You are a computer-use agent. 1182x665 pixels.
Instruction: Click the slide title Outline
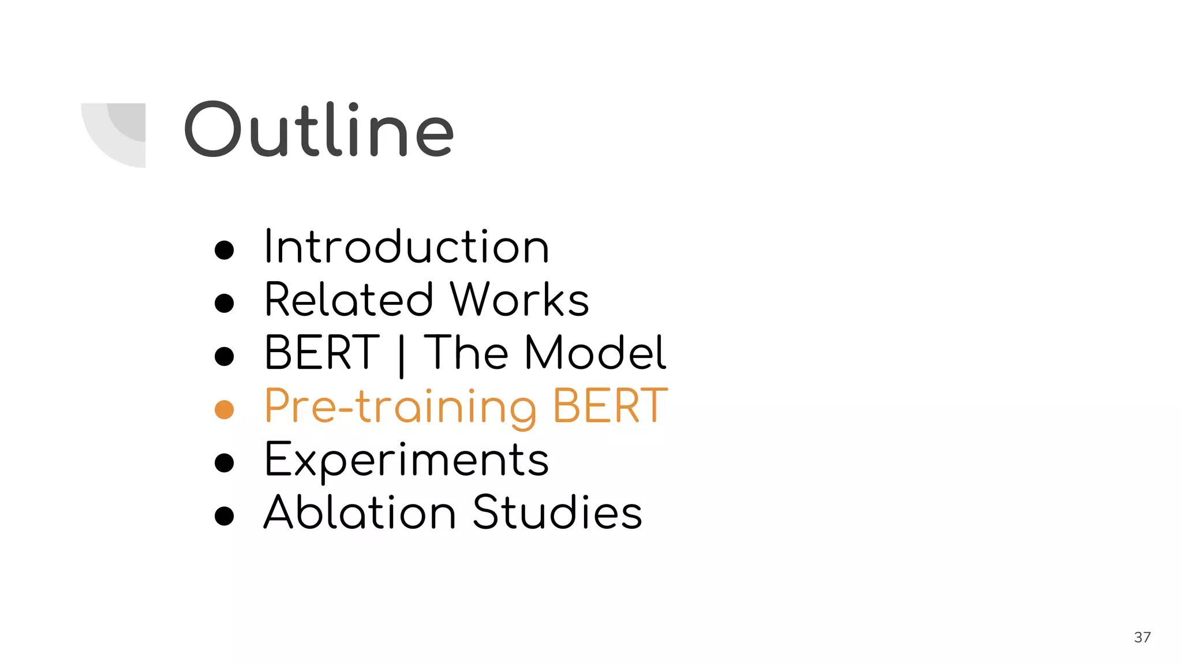click(319, 130)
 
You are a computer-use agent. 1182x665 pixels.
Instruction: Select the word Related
click(349, 300)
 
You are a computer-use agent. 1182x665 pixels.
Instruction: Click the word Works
click(519, 300)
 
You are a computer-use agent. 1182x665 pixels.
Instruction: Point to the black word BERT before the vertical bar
click(321, 353)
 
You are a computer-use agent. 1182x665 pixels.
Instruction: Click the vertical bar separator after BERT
click(401, 355)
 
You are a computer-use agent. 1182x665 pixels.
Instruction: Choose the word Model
click(595, 353)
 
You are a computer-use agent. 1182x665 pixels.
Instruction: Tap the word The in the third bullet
click(466, 353)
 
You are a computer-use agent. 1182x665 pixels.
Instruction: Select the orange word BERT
click(609, 406)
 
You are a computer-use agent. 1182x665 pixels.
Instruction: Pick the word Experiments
click(406, 461)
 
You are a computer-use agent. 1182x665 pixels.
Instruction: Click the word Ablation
click(360, 513)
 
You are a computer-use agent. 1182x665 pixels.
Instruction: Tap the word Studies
click(557, 513)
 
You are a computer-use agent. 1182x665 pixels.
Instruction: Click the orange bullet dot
click(224, 410)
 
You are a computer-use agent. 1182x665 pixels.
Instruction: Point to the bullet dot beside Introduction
click(224, 250)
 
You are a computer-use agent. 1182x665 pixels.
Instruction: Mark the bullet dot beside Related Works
click(224, 303)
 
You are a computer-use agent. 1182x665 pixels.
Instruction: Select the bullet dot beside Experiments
click(224, 462)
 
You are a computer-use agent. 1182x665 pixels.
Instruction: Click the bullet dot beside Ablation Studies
click(224, 515)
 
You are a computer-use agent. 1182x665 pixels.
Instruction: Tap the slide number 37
click(1142, 637)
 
